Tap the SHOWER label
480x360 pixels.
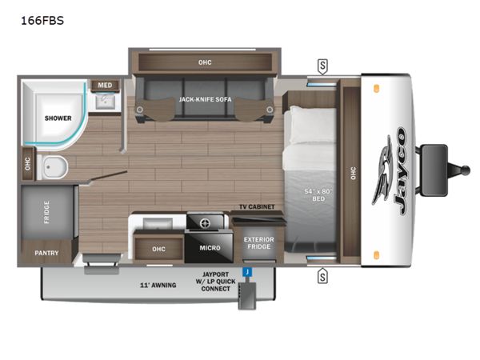point(58,118)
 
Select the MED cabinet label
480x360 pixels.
point(105,84)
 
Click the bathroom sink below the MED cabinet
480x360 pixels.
point(105,101)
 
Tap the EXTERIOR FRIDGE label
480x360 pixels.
point(258,243)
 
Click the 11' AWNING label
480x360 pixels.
point(157,284)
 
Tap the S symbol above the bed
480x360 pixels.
point(323,64)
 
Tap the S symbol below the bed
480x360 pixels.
point(323,277)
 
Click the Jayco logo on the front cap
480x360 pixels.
point(392,173)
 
